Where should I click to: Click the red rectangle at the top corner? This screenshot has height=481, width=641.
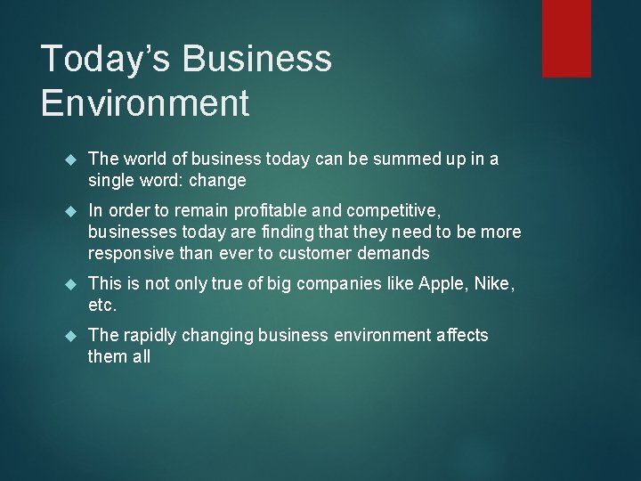[x=567, y=37]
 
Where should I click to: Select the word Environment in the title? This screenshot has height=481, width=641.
[x=145, y=103]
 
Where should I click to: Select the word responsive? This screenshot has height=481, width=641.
[x=130, y=254]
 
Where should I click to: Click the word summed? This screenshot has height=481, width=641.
[x=393, y=159]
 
